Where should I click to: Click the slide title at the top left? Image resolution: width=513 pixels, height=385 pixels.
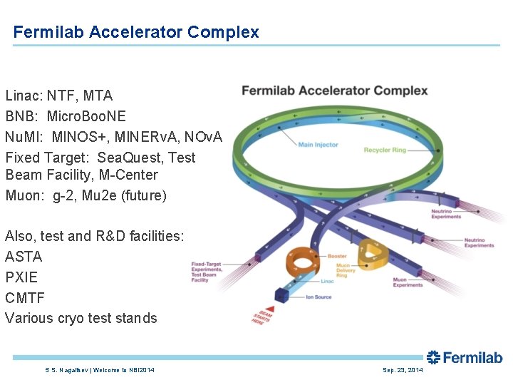[x=136, y=32]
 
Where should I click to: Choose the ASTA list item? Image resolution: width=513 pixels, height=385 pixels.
[x=24, y=257]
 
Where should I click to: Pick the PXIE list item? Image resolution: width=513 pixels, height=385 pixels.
[x=21, y=277]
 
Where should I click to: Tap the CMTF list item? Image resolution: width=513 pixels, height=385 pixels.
[x=24, y=298]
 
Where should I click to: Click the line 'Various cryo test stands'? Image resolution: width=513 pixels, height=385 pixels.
[x=81, y=318]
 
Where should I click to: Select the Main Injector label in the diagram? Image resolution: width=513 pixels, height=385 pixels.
[x=318, y=145]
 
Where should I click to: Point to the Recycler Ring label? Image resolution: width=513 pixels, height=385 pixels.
[x=385, y=150]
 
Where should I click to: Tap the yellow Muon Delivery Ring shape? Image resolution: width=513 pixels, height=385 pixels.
[x=371, y=251]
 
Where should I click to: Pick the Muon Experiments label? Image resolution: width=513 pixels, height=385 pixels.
[x=408, y=282]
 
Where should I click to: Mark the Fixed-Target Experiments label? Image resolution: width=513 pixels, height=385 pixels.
[x=207, y=272]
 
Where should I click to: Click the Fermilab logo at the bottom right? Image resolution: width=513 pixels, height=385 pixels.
[x=465, y=357]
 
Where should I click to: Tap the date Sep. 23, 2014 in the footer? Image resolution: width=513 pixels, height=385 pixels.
[x=403, y=370]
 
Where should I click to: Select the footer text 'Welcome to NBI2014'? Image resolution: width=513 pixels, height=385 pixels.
[x=123, y=370]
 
